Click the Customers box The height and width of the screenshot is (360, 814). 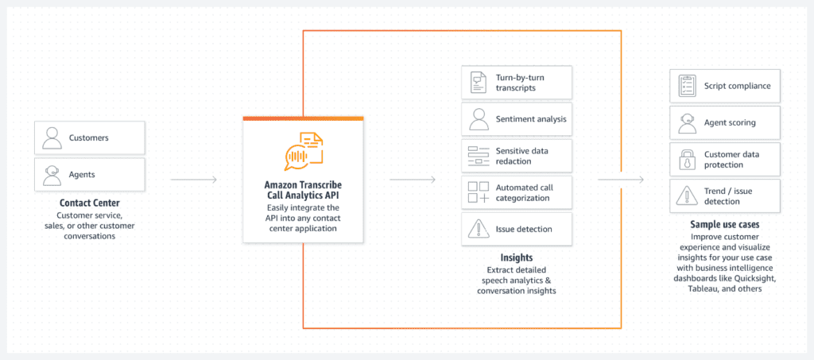(x=90, y=138)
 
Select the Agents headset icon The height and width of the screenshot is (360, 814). (x=52, y=175)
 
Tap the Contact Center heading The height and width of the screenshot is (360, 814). (x=90, y=203)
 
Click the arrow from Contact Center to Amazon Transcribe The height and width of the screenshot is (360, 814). (x=194, y=180)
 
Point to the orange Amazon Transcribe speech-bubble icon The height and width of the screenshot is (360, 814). (x=303, y=152)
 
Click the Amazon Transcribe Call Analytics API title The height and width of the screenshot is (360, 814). (x=303, y=190)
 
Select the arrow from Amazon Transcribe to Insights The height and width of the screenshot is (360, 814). (x=413, y=180)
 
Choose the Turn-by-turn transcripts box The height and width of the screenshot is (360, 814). (x=517, y=83)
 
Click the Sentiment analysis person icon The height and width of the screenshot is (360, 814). (x=478, y=118)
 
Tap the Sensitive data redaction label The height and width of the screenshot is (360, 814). (x=521, y=156)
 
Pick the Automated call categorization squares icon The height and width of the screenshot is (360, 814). (x=478, y=192)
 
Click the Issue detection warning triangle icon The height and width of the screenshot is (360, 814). (x=478, y=230)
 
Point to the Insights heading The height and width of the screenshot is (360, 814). (x=517, y=257)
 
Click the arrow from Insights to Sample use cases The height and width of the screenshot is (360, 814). (x=620, y=180)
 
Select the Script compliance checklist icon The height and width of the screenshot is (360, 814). (x=687, y=86)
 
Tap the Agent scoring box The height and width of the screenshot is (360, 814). (x=725, y=123)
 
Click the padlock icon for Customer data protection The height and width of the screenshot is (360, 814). (x=687, y=160)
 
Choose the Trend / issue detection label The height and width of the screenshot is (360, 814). (x=728, y=196)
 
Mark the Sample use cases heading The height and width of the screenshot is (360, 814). (x=725, y=225)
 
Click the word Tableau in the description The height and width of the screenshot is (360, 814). (x=703, y=289)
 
